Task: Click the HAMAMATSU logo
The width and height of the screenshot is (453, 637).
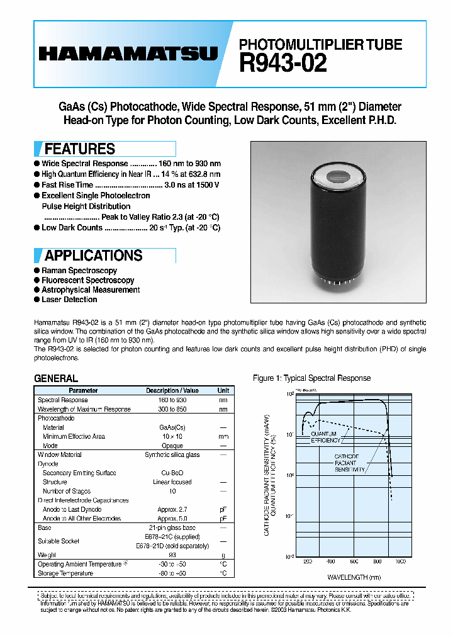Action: tap(128, 54)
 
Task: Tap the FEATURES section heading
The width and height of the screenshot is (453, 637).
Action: tap(79, 149)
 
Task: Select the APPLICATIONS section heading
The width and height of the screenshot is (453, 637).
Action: tap(93, 256)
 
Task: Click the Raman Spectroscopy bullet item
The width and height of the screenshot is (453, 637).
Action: tap(79, 270)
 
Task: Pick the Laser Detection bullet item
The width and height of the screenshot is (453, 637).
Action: tap(69, 300)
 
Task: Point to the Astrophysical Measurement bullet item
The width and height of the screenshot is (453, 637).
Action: tap(91, 290)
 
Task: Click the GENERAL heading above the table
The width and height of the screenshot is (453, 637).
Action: tap(56, 378)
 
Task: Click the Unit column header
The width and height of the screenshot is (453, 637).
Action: tap(223, 390)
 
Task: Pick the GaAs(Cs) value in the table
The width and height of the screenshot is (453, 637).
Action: tap(172, 427)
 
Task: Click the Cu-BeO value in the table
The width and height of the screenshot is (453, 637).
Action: tap(172, 473)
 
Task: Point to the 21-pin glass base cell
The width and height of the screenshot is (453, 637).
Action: tap(172, 527)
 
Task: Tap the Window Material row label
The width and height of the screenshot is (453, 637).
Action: tap(60, 454)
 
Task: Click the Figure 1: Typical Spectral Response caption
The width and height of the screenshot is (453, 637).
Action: tap(311, 378)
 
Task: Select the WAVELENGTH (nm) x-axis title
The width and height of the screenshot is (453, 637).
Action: tap(354, 577)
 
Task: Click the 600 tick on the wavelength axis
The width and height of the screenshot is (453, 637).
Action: tap(354, 561)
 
